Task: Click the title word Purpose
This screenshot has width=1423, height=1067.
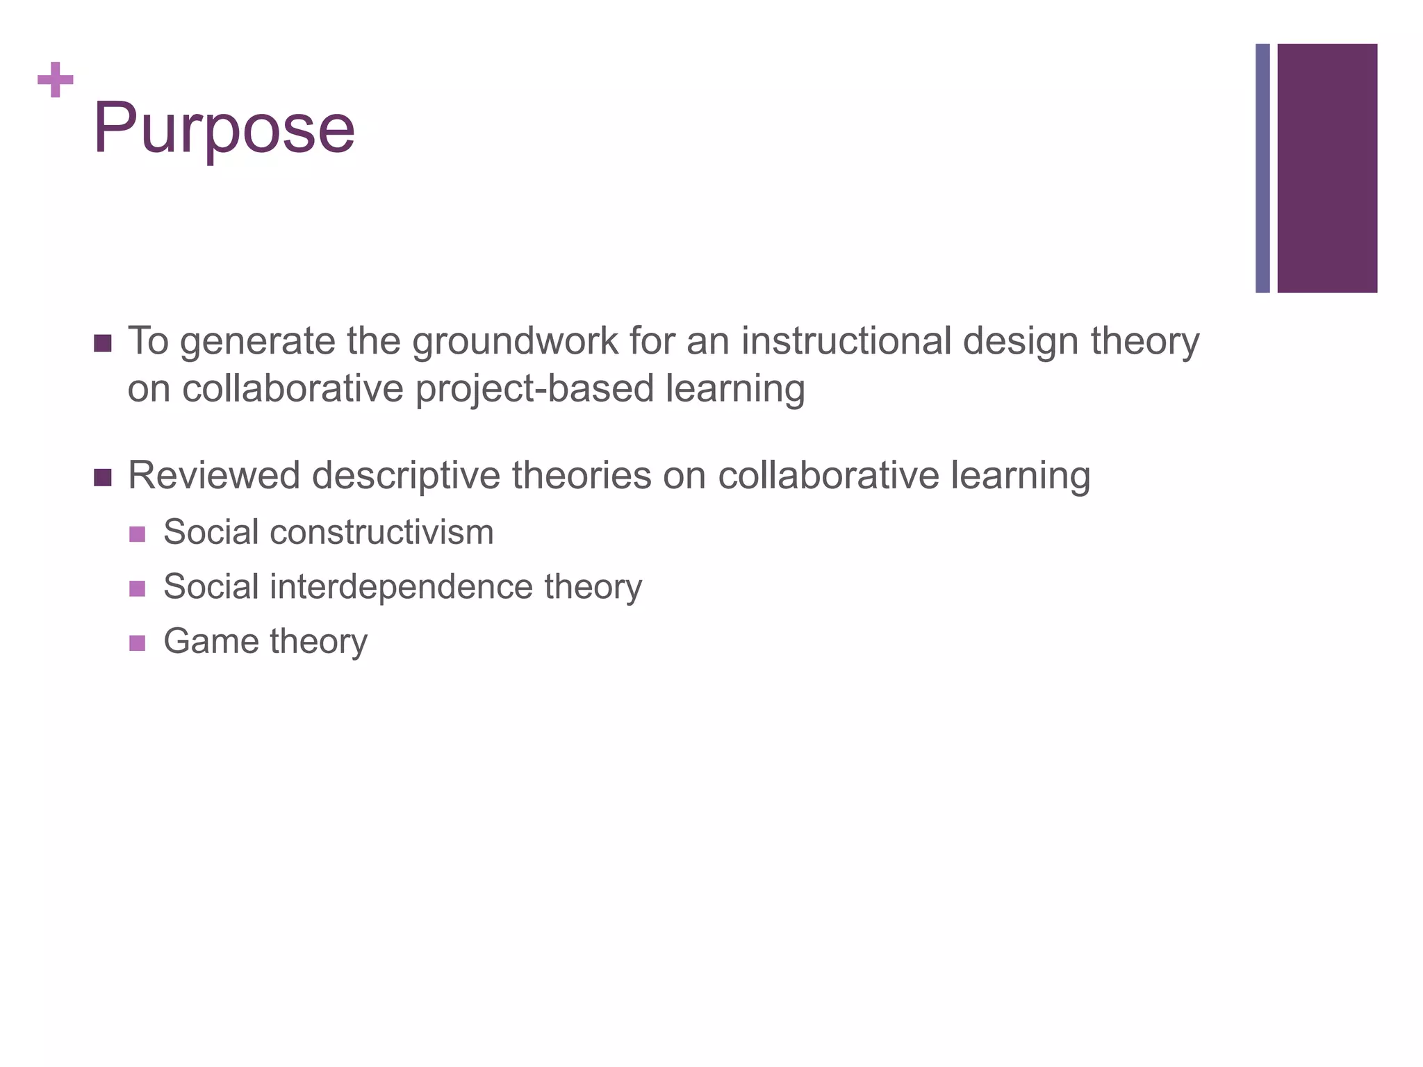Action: coord(224,129)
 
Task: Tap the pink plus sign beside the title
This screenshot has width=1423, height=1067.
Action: coord(56,80)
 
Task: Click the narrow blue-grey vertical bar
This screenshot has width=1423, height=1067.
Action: coord(1262,168)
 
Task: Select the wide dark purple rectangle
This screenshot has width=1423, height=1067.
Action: coord(1327,168)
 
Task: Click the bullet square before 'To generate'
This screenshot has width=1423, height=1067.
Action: coord(102,343)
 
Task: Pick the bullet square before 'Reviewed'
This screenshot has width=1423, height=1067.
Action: coord(102,477)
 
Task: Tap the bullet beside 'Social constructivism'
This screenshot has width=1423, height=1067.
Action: coord(138,533)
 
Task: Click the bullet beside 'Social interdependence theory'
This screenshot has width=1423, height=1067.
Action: coord(138,588)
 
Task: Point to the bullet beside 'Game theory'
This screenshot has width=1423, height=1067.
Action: coord(138,643)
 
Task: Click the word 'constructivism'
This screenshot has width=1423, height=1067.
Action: coord(381,532)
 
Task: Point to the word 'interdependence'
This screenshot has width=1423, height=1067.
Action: coord(401,587)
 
